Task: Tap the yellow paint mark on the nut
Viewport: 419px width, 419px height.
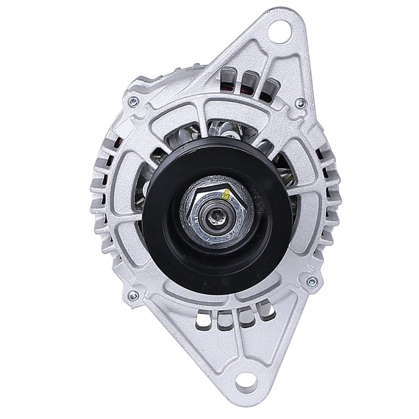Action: pos(226,194)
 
